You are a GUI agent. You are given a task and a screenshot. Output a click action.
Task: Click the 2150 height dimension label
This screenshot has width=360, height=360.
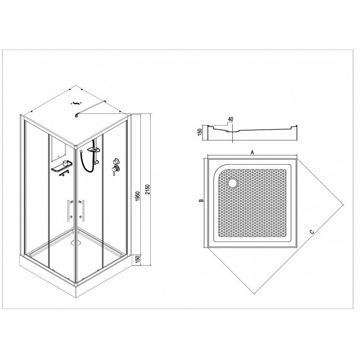147,189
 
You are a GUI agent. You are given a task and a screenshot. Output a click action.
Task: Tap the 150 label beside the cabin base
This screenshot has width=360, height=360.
138,260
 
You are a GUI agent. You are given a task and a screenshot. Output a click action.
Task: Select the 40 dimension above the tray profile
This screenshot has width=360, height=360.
230,119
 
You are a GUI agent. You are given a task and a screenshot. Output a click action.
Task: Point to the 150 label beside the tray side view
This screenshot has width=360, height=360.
200,132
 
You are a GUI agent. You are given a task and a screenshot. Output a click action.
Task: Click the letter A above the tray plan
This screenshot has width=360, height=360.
252,152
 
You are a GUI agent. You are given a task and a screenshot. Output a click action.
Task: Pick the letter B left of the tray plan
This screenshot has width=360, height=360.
201,200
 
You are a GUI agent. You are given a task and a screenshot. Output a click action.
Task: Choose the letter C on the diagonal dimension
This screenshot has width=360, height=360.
311,232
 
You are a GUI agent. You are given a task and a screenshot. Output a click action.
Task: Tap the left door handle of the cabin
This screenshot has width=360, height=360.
69,210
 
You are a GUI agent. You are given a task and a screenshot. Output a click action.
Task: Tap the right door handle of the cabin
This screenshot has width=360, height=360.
81,210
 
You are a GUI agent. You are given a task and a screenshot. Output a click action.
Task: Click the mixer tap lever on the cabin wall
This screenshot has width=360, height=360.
113,171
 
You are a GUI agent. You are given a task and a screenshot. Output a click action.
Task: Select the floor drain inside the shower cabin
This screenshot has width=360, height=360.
76,242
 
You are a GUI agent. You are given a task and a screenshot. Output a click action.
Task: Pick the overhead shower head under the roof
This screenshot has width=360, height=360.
94,150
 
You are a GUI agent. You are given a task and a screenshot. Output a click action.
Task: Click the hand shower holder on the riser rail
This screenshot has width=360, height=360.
97,163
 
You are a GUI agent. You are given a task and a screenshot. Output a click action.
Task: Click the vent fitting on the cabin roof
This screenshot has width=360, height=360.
75,103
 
